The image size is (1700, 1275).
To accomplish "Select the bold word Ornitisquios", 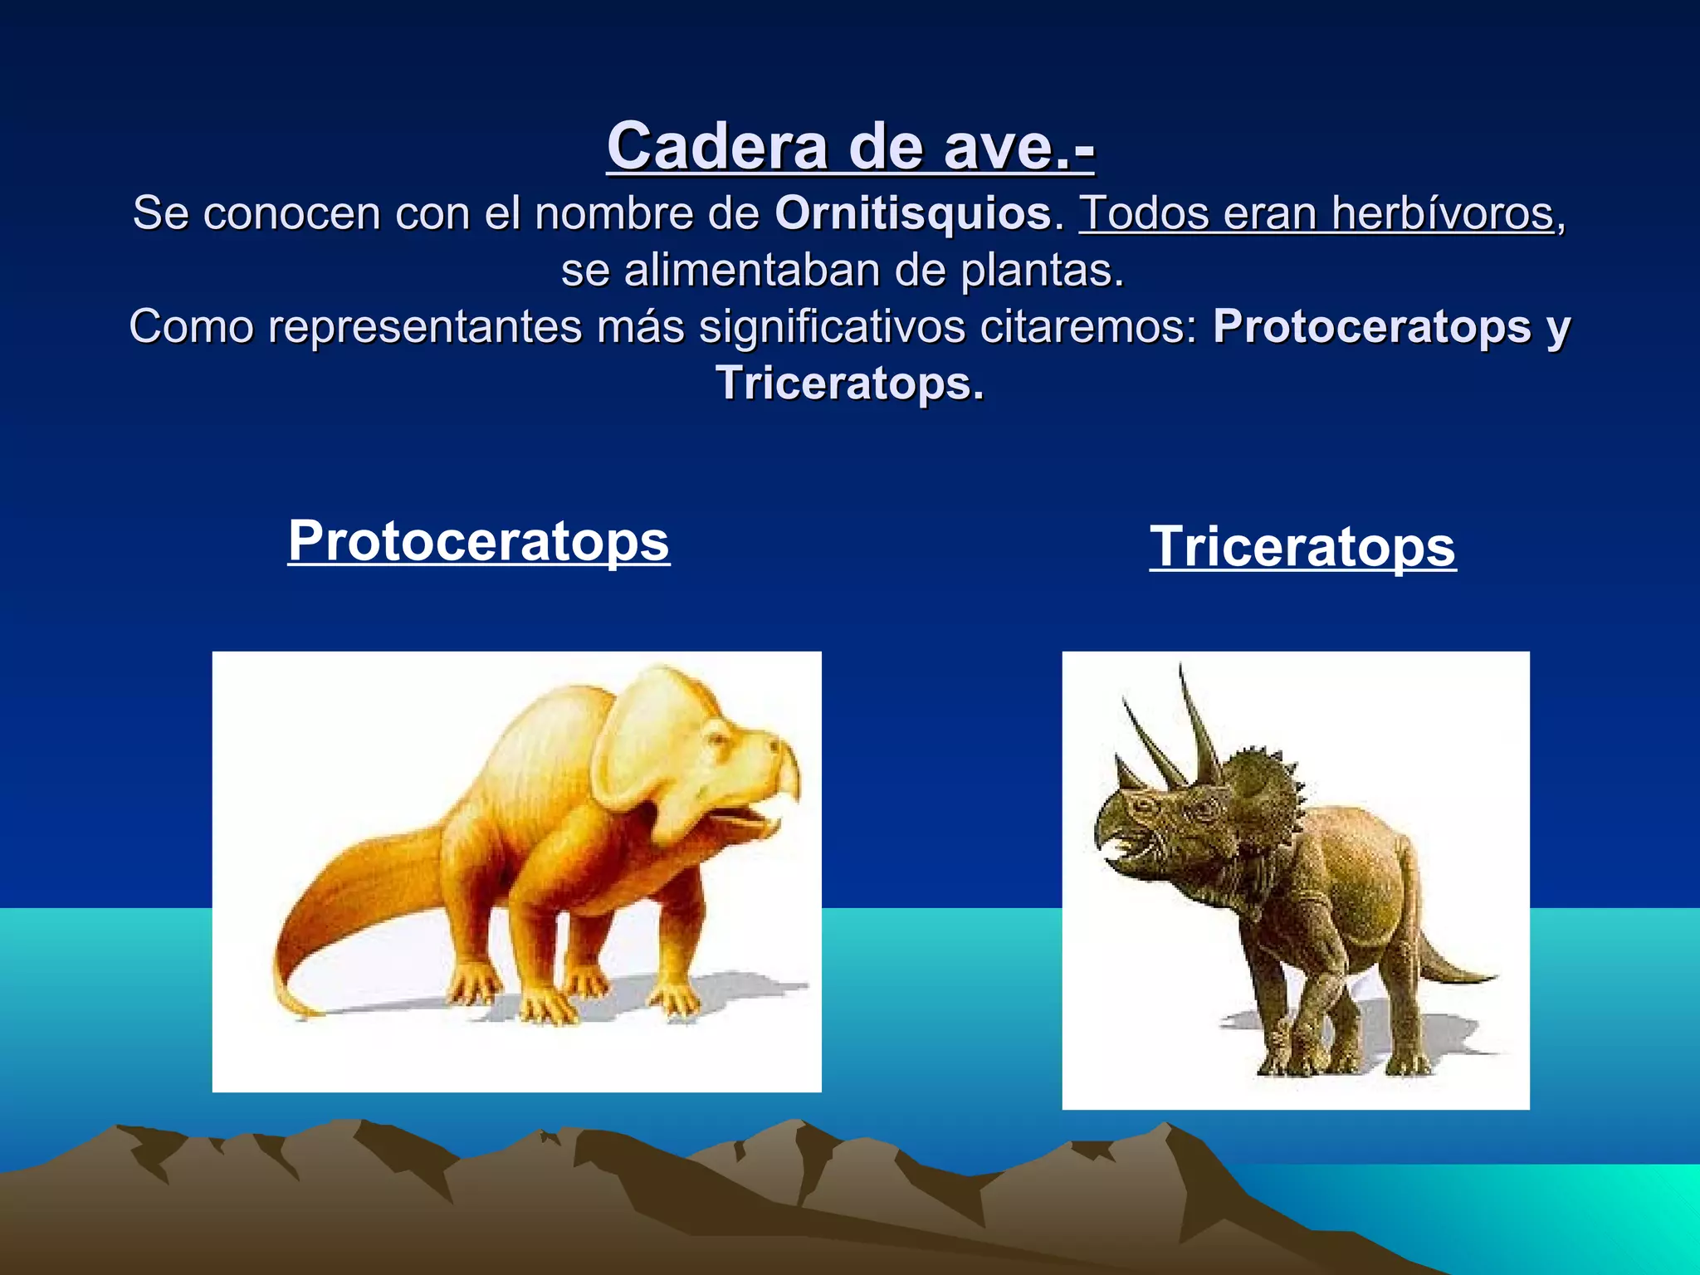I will (x=913, y=213).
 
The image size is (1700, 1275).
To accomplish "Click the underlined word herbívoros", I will (x=1443, y=213).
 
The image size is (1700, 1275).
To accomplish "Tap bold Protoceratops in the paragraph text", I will (x=1371, y=326).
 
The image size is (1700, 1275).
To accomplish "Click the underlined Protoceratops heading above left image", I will (x=478, y=541).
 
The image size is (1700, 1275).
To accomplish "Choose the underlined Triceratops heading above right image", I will (x=1302, y=547).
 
